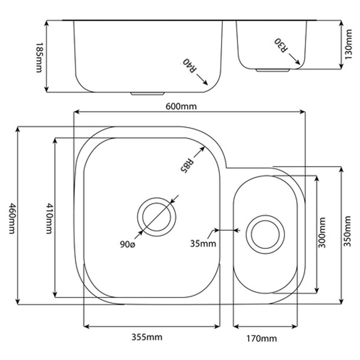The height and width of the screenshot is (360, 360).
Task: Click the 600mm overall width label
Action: pyautogui.click(x=181, y=107)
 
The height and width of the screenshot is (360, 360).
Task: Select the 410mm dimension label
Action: pyautogui.click(x=49, y=219)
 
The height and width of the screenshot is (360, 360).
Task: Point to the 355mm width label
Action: pyautogui.click(x=147, y=337)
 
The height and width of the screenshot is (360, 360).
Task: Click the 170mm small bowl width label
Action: pyautogui.click(x=262, y=338)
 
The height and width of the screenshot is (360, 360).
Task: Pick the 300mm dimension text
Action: pyautogui.click(x=322, y=232)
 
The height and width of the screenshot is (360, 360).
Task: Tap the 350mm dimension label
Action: pyautogui.click(x=347, y=231)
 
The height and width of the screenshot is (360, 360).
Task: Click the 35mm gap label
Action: pyautogui.click(x=203, y=244)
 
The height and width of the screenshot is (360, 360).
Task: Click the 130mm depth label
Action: pyautogui.click(x=348, y=44)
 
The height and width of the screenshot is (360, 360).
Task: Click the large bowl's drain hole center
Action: pyautogui.click(x=157, y=217)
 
